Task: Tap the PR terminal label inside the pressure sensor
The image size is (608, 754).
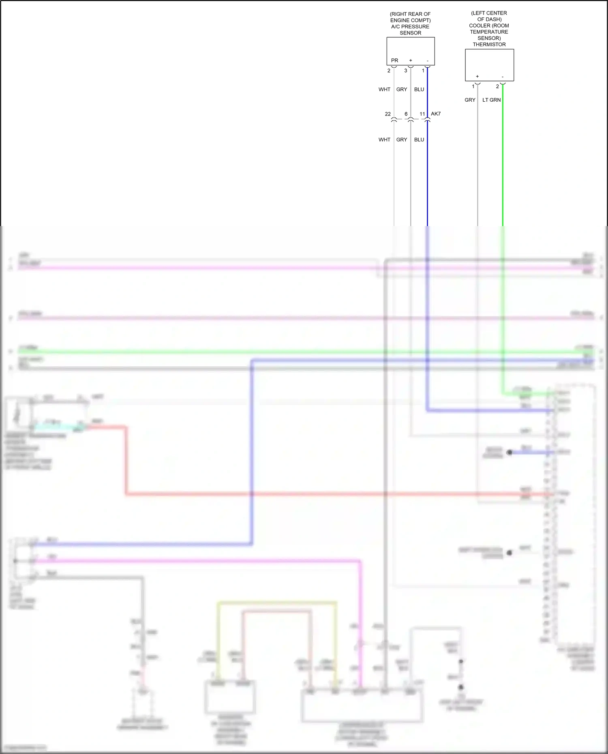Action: point(394,60)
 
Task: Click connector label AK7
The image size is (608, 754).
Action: point(436,114)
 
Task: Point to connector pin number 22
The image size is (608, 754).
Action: point(387,114)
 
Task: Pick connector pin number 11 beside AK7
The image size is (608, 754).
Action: point(422,114)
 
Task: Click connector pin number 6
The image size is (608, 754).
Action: point(406,114)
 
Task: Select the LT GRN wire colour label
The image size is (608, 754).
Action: point(491,100)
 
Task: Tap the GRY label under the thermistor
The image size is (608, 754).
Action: point(470,100)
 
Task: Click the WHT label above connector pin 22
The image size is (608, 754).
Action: point(384,90)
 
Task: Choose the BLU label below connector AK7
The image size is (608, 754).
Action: point(419,140)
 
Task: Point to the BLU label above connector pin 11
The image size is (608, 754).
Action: point(419,90)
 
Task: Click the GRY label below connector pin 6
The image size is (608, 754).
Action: point(402,140)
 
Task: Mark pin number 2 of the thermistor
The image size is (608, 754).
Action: point(497,86)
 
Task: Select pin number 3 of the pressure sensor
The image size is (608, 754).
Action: point(405,70)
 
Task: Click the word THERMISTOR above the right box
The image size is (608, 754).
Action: point(489,45)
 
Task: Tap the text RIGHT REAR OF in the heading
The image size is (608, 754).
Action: point(410,14)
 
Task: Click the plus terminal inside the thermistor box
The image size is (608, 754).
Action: point(477,76)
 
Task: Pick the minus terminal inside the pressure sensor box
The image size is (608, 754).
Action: point(427,61)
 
